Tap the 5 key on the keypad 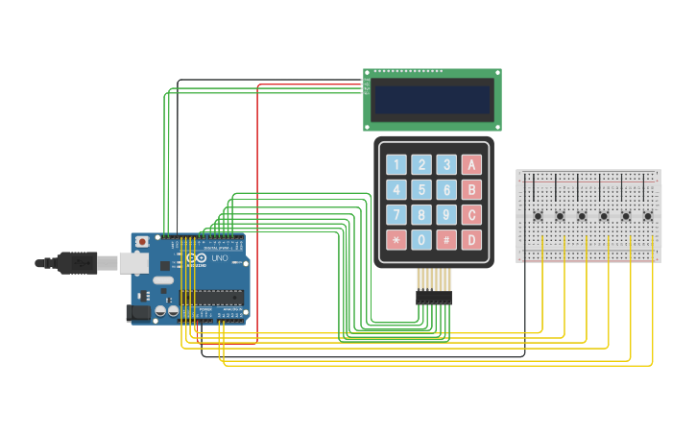421,190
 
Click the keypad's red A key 471,164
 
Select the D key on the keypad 471,240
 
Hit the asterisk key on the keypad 396,240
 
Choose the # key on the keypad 446,240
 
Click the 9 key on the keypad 446,215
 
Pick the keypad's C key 471,215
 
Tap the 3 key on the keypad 446,164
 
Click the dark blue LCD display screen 432,99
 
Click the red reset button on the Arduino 142,241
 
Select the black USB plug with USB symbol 77,262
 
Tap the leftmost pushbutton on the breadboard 538,216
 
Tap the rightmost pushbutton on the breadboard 648,216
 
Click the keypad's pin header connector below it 434,298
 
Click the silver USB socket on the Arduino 133,263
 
